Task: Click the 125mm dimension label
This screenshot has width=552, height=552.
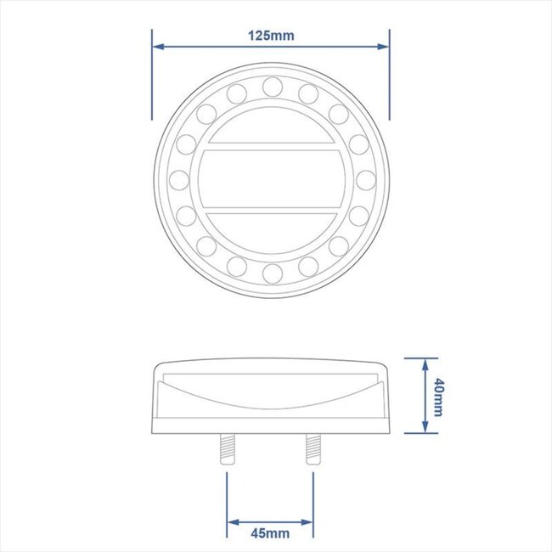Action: click(x=271, y=36)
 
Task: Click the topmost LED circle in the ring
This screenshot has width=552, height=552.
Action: click(x=272, y=86)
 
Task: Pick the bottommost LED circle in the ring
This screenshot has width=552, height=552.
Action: click(x=272, y=273)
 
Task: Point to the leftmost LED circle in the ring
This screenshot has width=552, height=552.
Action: click(x=178, y=179)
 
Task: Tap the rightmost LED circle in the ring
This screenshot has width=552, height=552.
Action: click(x=365, y=179)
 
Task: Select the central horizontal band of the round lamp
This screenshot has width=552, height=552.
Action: click(x=272, y=179)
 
